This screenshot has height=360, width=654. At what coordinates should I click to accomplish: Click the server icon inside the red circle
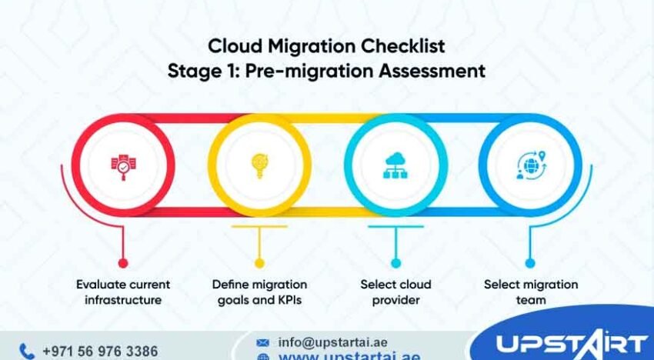(122, 165)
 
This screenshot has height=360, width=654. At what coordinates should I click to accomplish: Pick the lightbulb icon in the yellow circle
(259, 165)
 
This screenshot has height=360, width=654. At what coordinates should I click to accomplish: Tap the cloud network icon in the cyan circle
(395, 165)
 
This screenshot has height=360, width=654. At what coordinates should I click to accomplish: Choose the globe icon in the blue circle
(530, 165)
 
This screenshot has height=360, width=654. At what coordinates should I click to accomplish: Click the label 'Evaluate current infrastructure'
(123, 292)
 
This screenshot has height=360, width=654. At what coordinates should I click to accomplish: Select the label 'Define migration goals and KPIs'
(259, 292)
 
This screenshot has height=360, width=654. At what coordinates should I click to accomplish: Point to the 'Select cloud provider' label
(395, 292)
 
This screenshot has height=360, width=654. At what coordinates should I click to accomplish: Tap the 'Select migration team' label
(530, 292)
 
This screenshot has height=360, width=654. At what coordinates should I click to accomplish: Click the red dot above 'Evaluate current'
(123, 263)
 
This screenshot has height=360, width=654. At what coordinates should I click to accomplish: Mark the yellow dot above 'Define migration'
(259, 263)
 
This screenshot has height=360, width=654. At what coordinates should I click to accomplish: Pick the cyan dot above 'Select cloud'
(395, 263)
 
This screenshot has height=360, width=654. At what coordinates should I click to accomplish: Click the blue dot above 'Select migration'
(530, 263)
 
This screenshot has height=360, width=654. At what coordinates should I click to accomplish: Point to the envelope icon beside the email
(263, 342)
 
